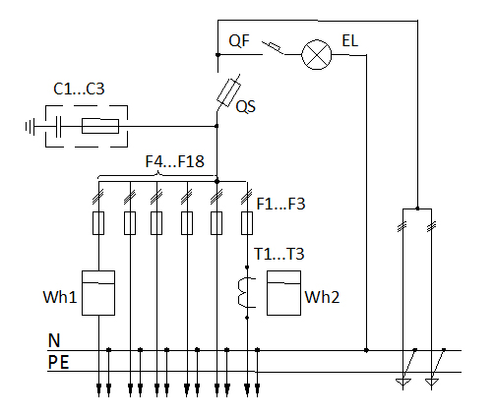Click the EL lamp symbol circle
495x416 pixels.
[316, 54]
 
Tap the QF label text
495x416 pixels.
[239, 41]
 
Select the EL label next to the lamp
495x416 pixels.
[349, 41]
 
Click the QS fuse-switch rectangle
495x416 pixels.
[228, 92]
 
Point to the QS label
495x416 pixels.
[246, 107]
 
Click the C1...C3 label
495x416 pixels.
[79, 89]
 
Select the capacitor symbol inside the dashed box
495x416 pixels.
[58, 126]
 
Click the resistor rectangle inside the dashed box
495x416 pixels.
[100, 126]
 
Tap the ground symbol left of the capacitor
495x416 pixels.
[30, 127]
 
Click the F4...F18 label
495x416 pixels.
[175, 161]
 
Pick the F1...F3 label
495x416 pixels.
[280, 204]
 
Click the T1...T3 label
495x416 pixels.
[279, 254]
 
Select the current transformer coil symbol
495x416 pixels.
[246, 292]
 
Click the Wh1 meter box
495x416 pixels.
[98, 293]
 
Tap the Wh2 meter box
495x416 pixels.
[283, 293]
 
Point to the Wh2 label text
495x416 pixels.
[322, 297]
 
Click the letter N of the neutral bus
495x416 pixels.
[54, 340]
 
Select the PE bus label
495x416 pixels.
[58, 362]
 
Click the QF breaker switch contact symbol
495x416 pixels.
[273, 48]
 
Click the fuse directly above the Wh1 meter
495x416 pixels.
[98, 223]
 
